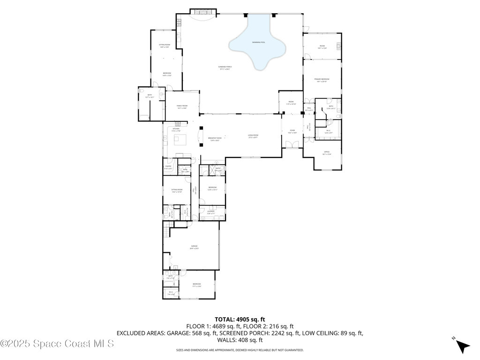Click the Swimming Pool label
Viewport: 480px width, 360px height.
[258, 42]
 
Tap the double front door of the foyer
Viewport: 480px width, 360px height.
[292, 146]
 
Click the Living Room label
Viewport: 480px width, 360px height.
[253, 136]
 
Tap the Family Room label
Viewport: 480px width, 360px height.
[182, 107]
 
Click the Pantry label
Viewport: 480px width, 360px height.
[168, 167]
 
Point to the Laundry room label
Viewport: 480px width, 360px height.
[211, 212]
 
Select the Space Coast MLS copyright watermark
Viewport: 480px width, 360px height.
[57, 344]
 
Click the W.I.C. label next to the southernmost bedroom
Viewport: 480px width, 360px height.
[171, 293]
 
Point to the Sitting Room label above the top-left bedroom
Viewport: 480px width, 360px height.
[165, 46]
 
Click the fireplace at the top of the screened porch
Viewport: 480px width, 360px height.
[203, 11]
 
